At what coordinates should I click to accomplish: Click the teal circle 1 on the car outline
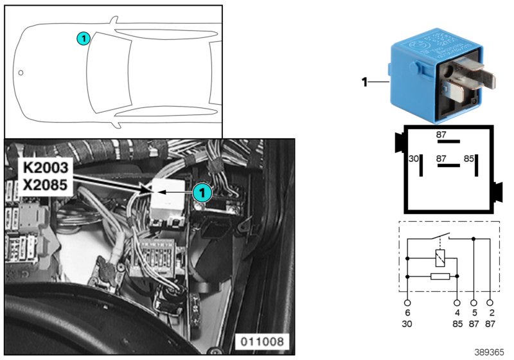(83, 39)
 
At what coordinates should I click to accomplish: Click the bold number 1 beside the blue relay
(364, 82)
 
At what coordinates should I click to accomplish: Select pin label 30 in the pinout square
(414, 157)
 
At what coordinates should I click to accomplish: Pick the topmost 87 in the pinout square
(441, 134)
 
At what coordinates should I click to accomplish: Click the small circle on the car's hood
(21, 73)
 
